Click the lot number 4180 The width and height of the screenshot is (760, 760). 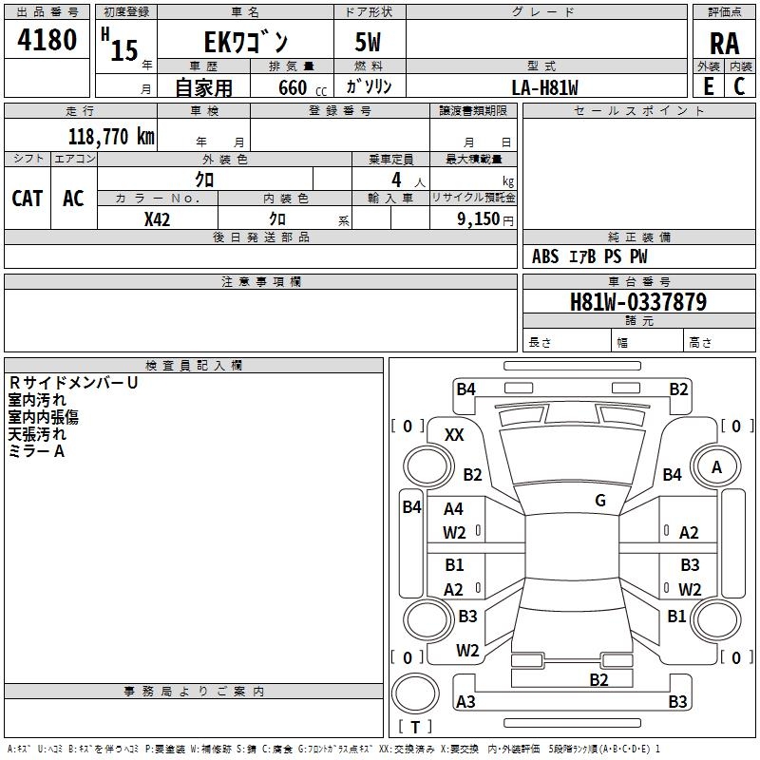coord(47,41)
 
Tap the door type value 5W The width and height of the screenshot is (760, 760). coord(370,43)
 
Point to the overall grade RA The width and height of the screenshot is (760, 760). coord(724,43)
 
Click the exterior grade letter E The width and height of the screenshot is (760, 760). coord(708,86)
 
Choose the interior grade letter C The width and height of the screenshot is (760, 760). coord(739,86)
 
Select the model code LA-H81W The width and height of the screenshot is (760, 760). coord(545,87)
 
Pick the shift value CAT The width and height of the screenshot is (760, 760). coord(27,198)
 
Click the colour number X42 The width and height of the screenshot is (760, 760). coord(157,218)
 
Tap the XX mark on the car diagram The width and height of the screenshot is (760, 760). coord(454,434)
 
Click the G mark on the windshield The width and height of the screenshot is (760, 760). coord(600,500)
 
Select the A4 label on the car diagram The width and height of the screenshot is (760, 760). coord(453,509)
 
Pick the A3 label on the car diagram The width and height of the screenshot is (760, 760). coord(465,702)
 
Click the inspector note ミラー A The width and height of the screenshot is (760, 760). coord(36,451)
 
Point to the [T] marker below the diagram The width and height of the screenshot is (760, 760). coord(414,727)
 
